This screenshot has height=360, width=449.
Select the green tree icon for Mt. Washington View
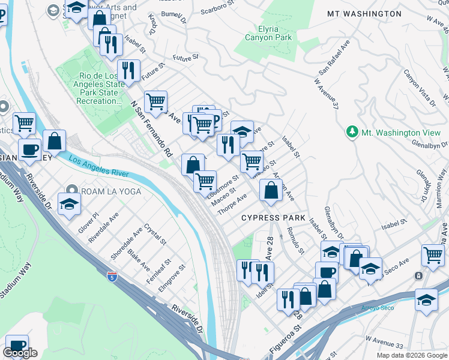[x=353, y=131]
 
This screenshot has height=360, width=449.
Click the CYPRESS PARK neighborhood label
[x=273, y=218]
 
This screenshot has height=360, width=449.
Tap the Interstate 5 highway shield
[x=112, y=277]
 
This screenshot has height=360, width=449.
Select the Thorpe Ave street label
[x=232, y=206]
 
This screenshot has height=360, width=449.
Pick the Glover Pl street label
[x=88, y=223]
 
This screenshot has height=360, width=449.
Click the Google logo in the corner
[x=20, y=353]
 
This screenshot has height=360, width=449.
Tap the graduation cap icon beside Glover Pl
[x=70, y=203]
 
